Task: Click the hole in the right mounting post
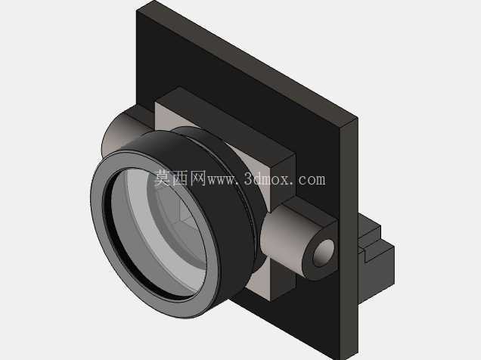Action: [324, 253]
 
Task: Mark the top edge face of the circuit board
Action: [245, 61]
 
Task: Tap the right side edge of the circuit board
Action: [349, 239]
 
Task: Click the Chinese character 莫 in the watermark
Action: [162, 178]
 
